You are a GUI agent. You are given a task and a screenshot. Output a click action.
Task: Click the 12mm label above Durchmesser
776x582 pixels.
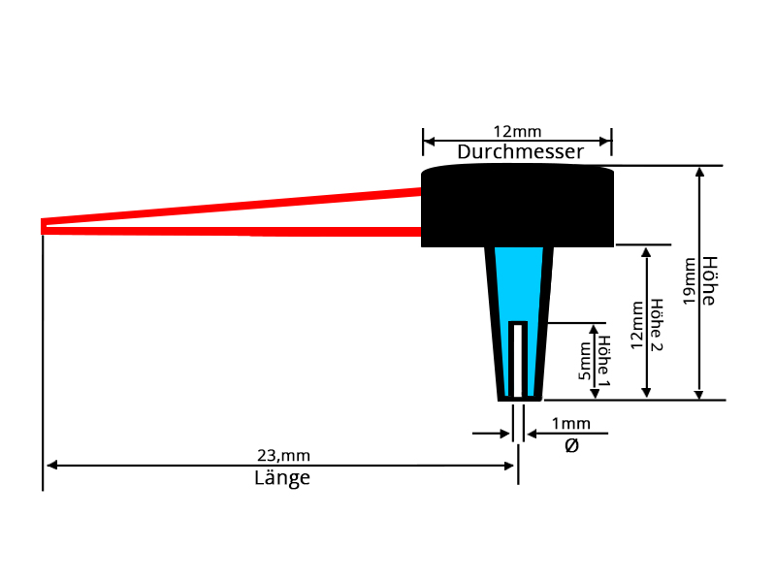pos(517,131)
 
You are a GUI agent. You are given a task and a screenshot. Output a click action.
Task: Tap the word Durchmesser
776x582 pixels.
pos(521,152)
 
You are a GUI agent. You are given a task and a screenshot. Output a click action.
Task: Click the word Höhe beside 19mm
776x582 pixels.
pos(708,281)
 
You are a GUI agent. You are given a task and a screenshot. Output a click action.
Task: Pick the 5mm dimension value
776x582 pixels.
pos(584,360)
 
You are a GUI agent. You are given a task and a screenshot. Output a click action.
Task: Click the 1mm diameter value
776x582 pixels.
pos(570,424)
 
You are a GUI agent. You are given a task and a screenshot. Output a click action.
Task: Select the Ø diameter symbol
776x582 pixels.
pos(571,445)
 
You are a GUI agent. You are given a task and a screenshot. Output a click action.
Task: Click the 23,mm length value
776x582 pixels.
pos(283,456)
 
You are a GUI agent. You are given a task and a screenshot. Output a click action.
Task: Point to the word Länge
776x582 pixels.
pos(282,477)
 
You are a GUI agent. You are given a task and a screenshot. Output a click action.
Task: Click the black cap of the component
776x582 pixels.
pos(518,206)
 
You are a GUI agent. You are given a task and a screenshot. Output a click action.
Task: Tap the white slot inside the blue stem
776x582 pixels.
pos(519,359)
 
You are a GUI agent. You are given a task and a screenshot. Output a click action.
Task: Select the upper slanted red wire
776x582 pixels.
pos(233,208)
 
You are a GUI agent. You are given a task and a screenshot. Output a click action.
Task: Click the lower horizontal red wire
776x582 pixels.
pos(233,231)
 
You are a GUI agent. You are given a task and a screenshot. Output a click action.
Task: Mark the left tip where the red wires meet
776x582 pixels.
pos(44,226)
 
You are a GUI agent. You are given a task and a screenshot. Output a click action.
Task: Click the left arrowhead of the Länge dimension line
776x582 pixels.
pos(51,466)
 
